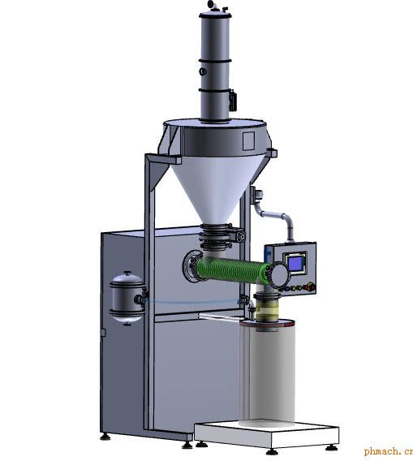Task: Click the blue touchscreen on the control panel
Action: (x=295, y=264)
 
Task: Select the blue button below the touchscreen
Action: (x=287, y=289)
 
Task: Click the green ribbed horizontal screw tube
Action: (x=233, y=269)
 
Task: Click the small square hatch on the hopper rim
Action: (x=248, y=141)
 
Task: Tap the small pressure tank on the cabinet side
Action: (x=127, y=297)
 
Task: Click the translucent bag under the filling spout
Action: (x=267, y=373)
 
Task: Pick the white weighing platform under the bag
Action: (x=266, y=434)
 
